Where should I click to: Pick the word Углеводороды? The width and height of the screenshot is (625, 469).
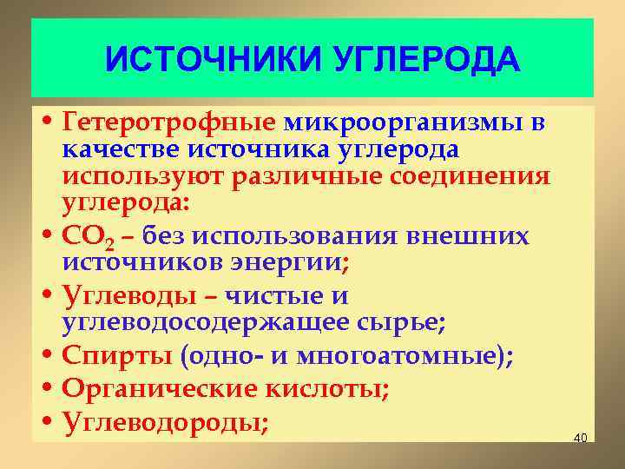162,423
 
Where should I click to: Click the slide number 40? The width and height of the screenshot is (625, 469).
581,437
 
